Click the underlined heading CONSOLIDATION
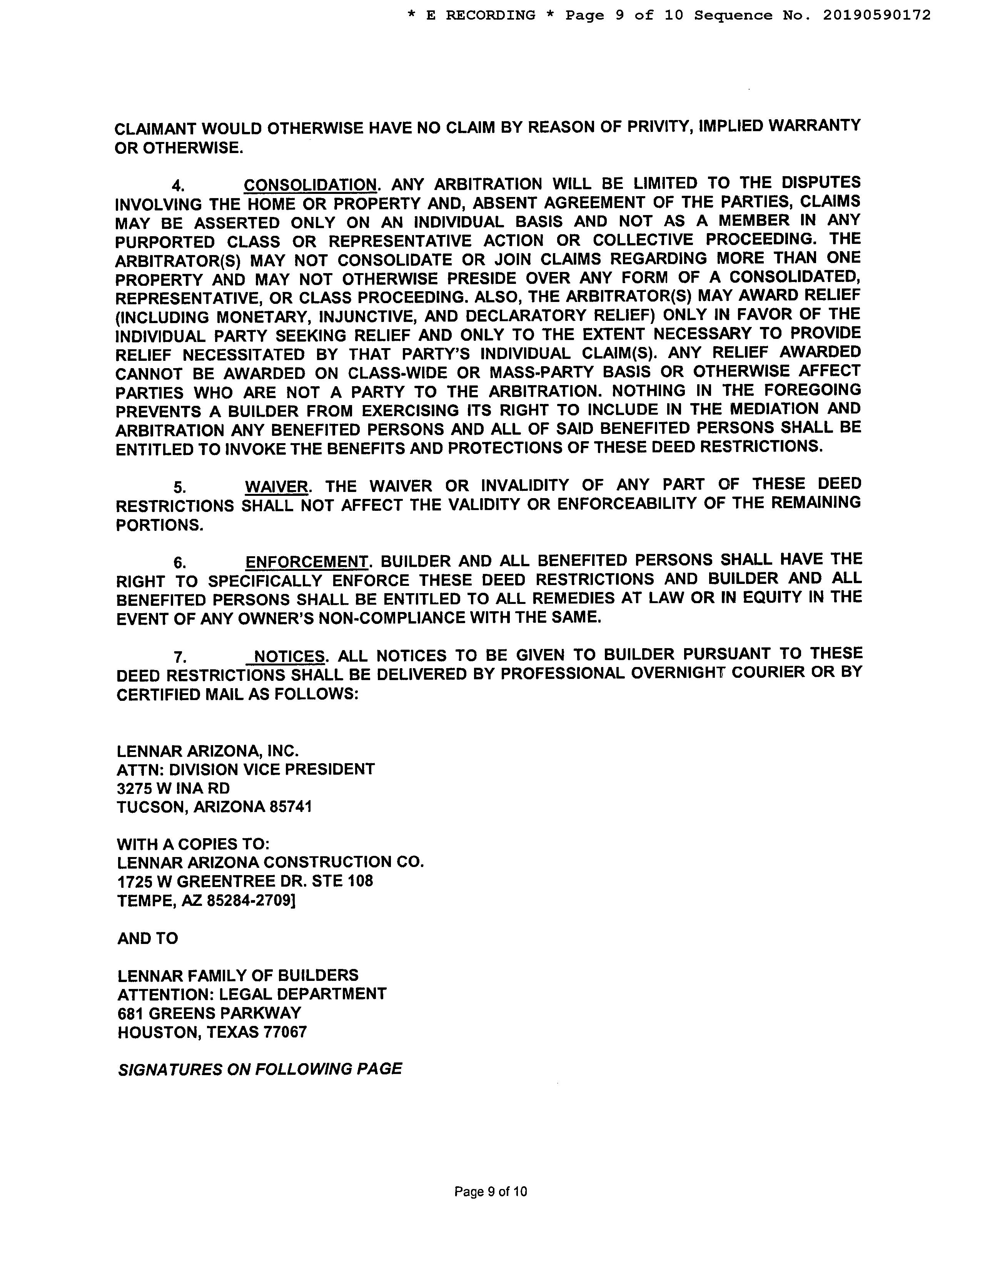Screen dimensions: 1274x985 point(310,185)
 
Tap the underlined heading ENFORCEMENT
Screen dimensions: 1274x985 point(307,562)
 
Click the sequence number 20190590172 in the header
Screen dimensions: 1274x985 point(876,15)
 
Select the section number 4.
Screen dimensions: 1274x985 point(178,186)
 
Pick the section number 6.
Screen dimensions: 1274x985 point(180,563)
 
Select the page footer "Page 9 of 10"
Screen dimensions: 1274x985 point(490,1191)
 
